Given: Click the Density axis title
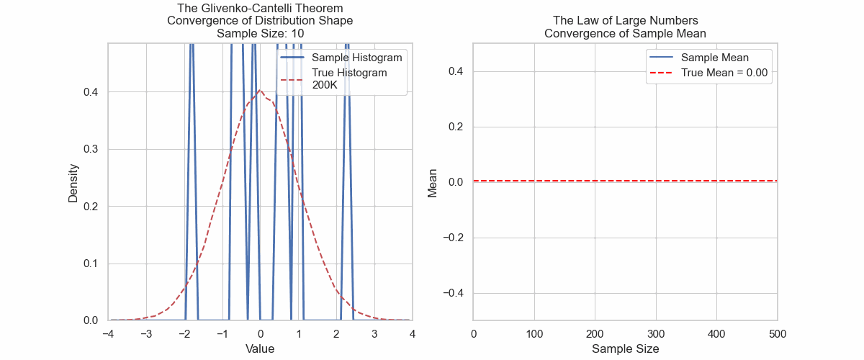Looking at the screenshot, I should (73, 181).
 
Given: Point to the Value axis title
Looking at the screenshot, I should (260, 348).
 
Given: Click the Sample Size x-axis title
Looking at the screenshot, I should (625, 348).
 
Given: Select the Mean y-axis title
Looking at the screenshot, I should (433, 181).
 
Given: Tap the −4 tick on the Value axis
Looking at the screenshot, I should (108, 333).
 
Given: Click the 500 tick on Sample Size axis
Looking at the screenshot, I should (778, 333).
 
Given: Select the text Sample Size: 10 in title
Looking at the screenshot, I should (260, 33).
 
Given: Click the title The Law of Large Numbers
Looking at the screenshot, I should (625, 20).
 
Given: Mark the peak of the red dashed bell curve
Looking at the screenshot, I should (260, 91).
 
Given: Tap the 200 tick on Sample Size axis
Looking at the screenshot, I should (595, 333).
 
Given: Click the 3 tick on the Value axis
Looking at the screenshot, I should (374, 333).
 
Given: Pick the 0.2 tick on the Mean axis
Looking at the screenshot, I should (454, 127).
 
